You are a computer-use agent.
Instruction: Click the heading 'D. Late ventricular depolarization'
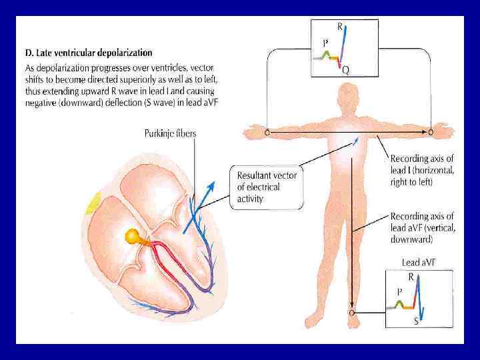pyautogui.click(x=89, y=53)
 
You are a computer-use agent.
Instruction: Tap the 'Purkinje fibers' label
pyautogui.click(x=170, y=133)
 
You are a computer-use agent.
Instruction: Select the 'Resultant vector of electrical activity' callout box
pyautogui.click(x=267, y=187)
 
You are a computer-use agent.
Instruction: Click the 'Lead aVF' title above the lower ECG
pyautogui.click(x=419, y=263)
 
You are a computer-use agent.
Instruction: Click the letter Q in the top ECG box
pyautogui.click(x=345, y=70)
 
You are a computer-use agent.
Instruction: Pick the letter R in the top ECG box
pyautogui.click(x=340, y=27)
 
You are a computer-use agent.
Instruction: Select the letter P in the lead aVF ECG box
pyautogui.click(x=399, y=291)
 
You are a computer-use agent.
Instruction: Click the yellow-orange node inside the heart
pyautogui.click(x=133, y=235)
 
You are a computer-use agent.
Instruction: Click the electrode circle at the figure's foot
pyautogui.click(x=352, y=312)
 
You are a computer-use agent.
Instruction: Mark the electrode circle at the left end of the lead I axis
pyautogui.click(x=267, y=131)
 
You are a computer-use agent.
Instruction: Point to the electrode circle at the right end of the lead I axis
pyautogui.click(x=431, y=132)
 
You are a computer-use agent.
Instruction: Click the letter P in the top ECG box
pyautogui.click(x=325, y=43)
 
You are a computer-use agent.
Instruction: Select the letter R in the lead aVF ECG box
pyautogui.click(x=411, y=275)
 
